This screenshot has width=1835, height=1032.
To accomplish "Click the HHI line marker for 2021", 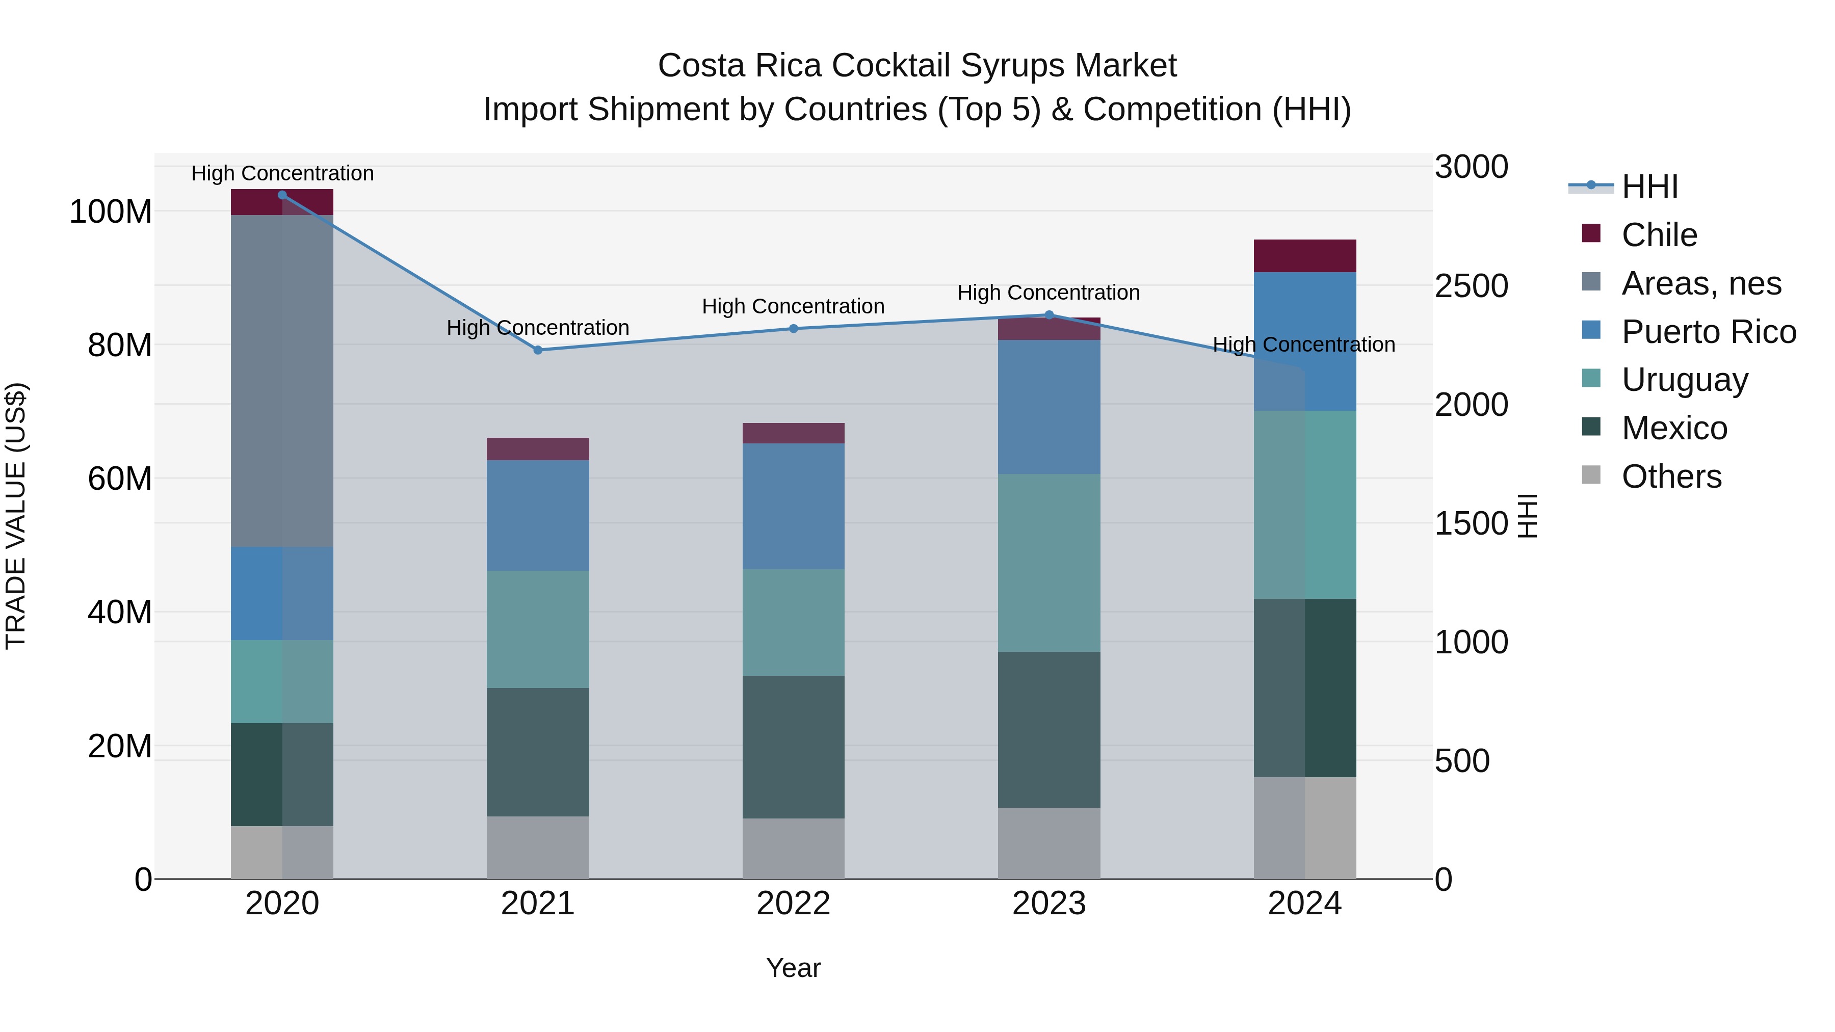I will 538,350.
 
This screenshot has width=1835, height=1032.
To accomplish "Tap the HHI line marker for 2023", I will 1048,315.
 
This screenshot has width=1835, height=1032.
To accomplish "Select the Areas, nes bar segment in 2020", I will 282,381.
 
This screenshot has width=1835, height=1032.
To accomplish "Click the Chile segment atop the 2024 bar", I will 1304,256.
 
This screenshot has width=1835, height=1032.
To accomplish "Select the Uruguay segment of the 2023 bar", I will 1048,563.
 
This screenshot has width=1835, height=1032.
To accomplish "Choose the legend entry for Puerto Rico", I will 1708,331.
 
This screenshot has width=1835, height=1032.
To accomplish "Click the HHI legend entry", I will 1649,187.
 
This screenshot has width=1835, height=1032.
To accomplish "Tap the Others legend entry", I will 1670,477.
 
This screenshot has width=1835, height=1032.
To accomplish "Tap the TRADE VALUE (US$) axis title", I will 16,516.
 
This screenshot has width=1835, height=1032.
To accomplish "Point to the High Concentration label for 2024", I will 1303,345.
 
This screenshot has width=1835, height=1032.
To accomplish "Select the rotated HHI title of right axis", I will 1527,516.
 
